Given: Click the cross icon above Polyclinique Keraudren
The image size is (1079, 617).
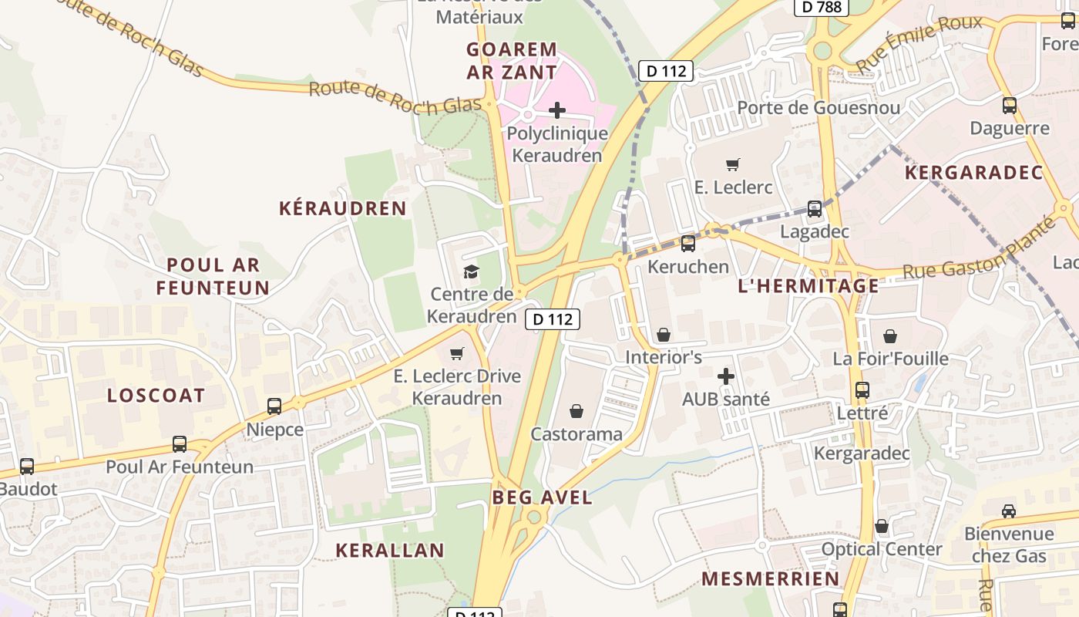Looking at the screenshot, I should (556, 110).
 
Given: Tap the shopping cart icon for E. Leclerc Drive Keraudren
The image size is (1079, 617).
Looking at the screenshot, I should (457, 353).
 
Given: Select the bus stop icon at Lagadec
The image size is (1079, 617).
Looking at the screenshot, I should (814, 209).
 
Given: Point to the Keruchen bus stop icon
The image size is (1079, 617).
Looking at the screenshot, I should (687, 244).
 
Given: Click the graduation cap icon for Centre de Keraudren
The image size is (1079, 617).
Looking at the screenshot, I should (471, 271).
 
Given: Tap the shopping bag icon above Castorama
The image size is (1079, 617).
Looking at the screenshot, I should (576, 411).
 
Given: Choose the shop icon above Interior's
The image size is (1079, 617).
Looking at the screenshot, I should (663, 335).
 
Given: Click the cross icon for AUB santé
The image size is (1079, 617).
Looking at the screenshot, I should (725, 376).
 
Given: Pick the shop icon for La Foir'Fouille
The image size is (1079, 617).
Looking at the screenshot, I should (890, 336).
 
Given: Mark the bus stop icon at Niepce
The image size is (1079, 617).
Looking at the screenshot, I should (274, 406).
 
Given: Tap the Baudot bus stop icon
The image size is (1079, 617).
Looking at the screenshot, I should (27, 467).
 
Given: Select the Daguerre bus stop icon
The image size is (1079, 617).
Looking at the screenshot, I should (1009, 106).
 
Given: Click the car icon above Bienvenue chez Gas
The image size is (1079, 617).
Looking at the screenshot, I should (1008, 511).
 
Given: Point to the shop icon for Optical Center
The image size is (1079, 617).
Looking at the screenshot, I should (882, 526).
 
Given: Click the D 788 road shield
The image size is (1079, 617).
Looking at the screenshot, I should (821, 7).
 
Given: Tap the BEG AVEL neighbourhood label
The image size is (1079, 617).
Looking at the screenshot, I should (543, 497).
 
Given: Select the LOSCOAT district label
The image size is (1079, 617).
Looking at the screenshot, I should (156, 396).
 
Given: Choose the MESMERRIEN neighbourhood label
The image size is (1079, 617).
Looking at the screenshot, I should (770, 578).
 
